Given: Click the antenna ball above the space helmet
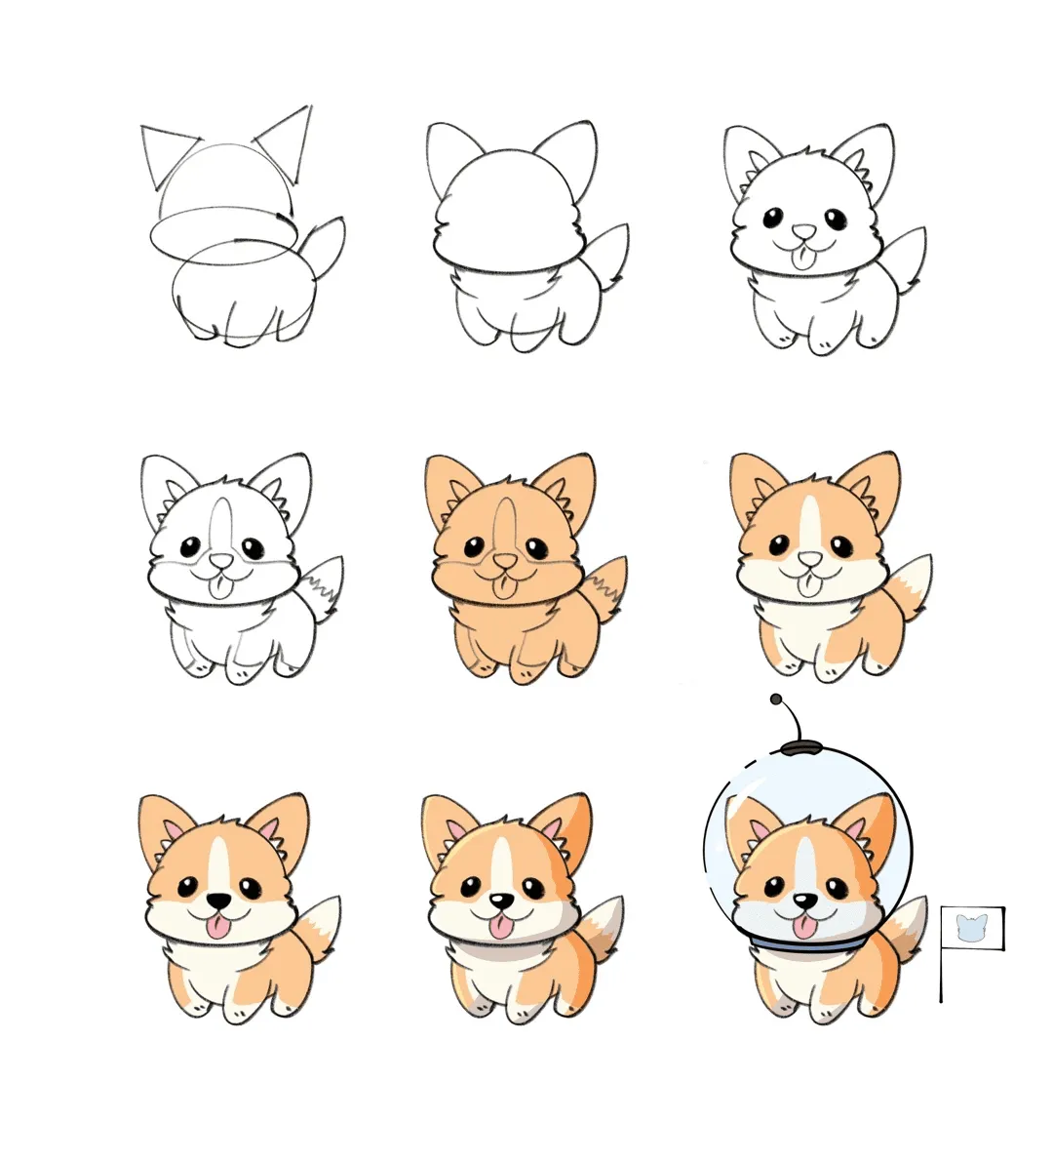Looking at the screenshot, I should pos(776,700).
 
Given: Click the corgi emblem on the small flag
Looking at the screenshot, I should pos(971,927).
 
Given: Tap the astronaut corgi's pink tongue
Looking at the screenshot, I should pos(803,926).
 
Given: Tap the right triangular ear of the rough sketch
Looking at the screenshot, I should pos(288,138).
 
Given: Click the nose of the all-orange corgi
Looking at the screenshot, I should pos(505,561).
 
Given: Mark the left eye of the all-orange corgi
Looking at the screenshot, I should pos(474,547).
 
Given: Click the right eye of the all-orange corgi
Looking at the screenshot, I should pos(535,547).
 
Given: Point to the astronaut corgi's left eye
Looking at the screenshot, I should pos(770,888).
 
